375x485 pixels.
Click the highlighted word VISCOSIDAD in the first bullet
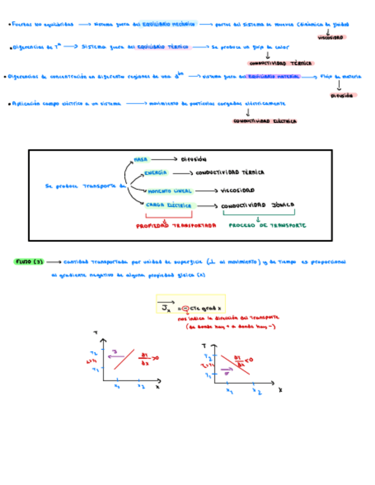(330, 37)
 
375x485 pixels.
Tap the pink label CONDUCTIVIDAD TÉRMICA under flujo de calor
(281, 63)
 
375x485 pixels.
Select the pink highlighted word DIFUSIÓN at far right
(342, 96)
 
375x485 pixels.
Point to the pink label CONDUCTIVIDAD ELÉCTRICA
(265, 121)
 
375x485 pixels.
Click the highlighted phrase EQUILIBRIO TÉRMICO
(163, 47)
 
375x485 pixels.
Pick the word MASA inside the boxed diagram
(141, 160)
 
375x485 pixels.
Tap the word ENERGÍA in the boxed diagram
(155, 173)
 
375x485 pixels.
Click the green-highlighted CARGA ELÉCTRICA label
(169, 205)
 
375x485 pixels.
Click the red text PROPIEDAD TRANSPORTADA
(176, 225)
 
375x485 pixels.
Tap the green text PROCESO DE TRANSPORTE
(267, 225)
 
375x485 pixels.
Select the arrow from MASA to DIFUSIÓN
(163, 160)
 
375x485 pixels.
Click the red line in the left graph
(124, 359)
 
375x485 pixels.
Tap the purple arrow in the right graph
(227, 371)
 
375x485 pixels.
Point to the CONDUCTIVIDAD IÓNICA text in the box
(257, 205)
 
